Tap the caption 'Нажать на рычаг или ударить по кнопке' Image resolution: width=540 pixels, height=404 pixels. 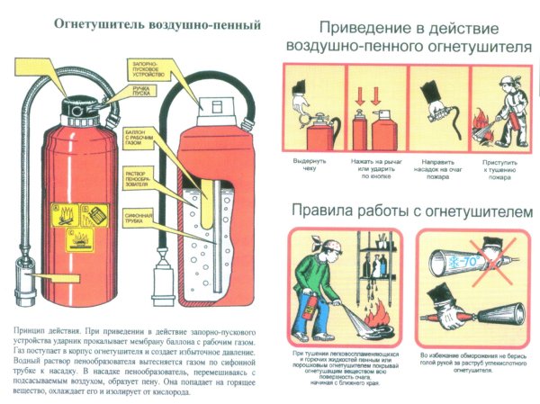370,167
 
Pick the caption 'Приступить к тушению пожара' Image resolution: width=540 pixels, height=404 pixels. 499,167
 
